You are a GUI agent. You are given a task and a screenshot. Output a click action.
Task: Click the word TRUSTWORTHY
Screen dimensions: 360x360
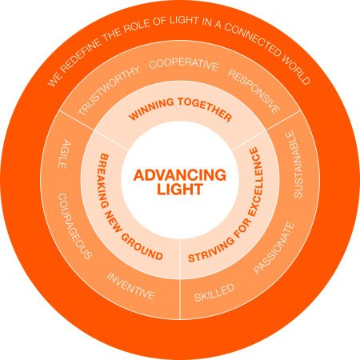click(x=109, y=90)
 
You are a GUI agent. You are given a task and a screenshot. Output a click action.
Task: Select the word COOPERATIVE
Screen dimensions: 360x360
click(x=184, y=65)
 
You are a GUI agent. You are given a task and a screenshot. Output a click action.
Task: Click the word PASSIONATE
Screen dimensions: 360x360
click(x=274, y=248)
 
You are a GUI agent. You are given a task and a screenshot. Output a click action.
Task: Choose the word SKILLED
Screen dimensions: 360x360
click(x=214, y=293)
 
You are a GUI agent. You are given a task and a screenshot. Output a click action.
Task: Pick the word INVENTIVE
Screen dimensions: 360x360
click(x=130, y=286)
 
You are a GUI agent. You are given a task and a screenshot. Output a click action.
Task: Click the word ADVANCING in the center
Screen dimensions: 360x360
click(x=180, y=175)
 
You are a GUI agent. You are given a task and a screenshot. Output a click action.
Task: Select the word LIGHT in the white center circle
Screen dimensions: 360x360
click(x=180, y=190)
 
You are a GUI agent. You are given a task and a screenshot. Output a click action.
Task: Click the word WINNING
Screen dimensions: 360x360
click(x=151, y=109)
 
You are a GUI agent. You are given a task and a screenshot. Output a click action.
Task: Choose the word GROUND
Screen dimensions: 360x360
click(x=142, y=246)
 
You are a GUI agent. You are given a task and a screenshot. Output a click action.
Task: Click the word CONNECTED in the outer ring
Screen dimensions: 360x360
click(x=252, y=39)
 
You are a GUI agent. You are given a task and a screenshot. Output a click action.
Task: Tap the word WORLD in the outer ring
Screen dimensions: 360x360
click(x=296, y=70)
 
